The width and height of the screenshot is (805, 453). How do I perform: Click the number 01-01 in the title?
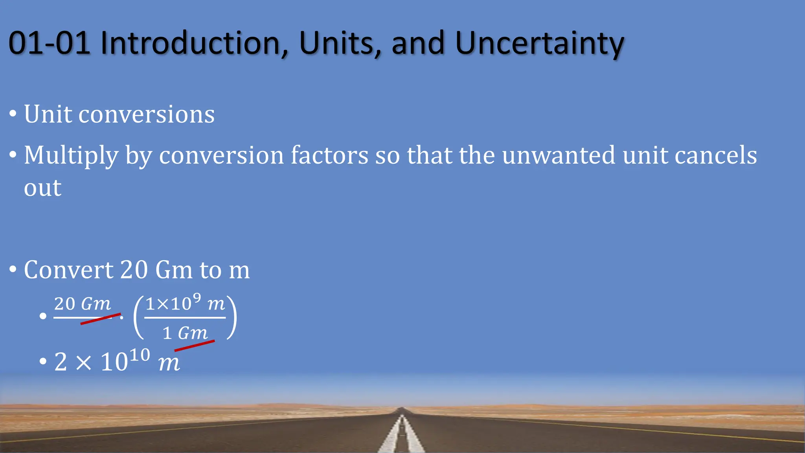pyautogui.click(x=50, y=43)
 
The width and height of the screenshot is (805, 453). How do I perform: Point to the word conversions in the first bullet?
pyautogui.click(x=146, y=115)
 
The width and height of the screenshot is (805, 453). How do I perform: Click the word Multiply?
pyautogui.click(x=71, y=156)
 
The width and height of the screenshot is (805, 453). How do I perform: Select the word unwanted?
pyautogui.click(x=558, y=155)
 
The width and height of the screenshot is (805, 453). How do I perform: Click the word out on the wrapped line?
pyautogui.click(x=42, y=188)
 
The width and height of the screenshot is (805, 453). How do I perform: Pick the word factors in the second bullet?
pyautogui.click(x=329, y=155)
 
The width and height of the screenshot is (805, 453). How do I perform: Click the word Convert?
pyautogui.click(x=68, y=270)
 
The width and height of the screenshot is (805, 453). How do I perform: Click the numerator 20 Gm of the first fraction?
pyautogui.click(x=83, y=304)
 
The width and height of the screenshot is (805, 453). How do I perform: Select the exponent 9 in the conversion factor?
pyautogui.click(x=197, y=299)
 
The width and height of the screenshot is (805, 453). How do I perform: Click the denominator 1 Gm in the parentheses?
pyautogui.click(x=185, y=333)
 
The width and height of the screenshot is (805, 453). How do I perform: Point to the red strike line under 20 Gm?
pyautogui.click(x=100, y=319)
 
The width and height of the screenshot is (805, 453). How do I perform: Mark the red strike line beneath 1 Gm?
pyautogui.click(x=194, y=346)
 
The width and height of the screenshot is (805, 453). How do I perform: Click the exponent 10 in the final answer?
pyautogui.click(x=140, y=355)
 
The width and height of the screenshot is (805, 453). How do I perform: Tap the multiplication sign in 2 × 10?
pyautogui.click(x=83, y=362)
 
